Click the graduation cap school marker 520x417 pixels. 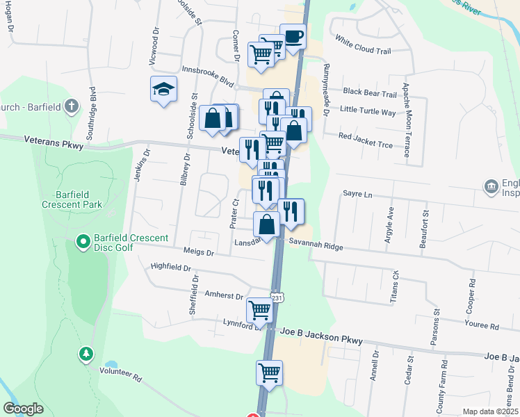(163, 89)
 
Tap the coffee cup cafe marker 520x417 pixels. (293, 36)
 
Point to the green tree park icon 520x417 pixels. (86, 354)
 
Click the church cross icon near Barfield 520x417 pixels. (70, 106)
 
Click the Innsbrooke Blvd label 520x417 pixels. (207, 75)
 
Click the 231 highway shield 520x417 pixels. (277, 297)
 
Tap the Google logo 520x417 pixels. (23, 409)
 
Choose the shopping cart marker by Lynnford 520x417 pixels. (259, 309)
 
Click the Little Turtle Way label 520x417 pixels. (368, 111)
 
